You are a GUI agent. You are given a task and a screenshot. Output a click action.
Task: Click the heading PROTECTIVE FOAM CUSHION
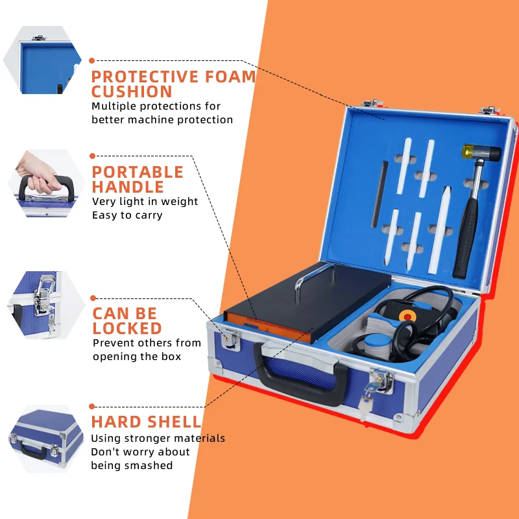[173, 84]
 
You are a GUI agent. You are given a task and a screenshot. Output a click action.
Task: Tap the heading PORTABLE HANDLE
[138, 180]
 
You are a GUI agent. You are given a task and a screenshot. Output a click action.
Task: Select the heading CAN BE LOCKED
[127, 320]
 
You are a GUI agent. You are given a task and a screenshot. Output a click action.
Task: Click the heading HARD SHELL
[146, 422]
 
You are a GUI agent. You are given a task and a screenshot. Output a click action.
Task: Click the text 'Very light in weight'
[145, 201]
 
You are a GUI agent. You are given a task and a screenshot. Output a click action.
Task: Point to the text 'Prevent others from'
[147, 343]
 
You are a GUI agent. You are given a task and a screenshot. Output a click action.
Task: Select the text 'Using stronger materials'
[158, 439]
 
